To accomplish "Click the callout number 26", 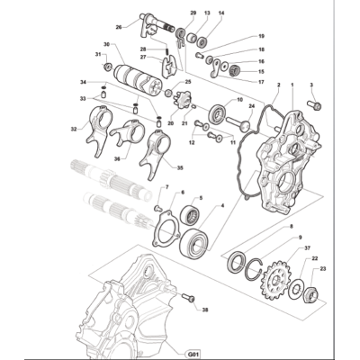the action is [x=119, y=27].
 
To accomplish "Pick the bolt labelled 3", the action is [x=314, y=105].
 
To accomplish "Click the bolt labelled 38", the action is [x=188, y=298].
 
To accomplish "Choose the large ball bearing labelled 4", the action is [x=195, y=243].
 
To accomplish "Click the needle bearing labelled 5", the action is [x=192, y=215].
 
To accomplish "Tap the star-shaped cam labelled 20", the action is [x=180, y=99].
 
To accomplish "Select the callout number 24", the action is [x=251, y=106].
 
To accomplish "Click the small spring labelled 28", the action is [x=166, y=52].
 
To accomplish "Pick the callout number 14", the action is [x=221, y=13].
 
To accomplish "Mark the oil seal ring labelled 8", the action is [x=238, y=263].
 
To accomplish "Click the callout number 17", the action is [x=261, y=82].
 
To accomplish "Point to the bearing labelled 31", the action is [x=108, y=67].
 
